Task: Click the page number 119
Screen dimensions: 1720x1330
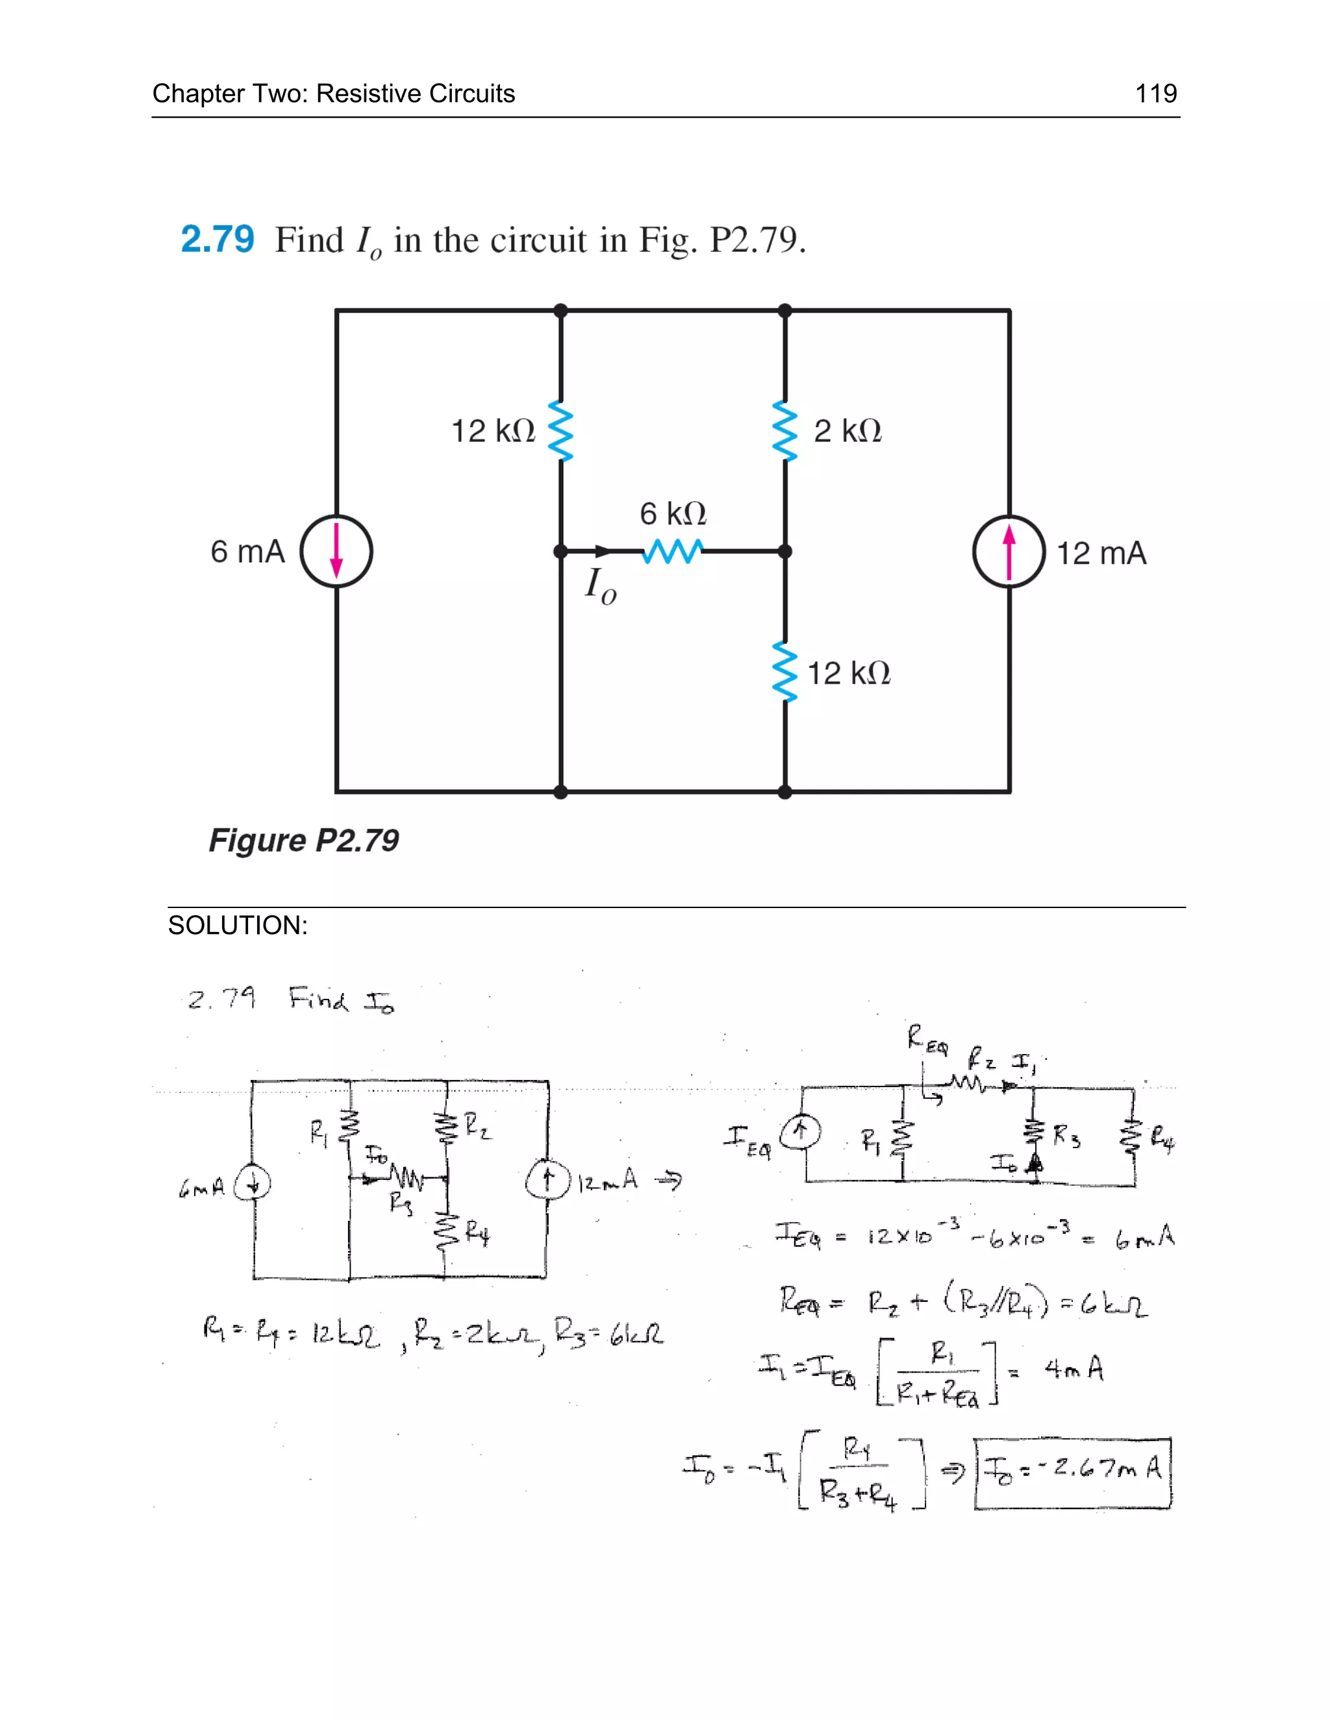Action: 1155,93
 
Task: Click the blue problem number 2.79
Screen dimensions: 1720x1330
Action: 218,240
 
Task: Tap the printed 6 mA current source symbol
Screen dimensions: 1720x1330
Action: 336,551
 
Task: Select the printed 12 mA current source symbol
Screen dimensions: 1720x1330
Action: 1009,551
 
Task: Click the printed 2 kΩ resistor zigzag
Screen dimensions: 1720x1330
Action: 784,431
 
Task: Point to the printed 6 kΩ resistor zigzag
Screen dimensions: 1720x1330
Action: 672,551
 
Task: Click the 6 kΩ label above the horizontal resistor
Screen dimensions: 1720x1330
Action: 673,513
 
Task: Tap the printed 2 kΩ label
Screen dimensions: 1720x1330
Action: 847,431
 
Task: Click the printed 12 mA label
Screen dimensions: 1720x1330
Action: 1101,554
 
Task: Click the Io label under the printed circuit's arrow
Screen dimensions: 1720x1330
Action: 601,587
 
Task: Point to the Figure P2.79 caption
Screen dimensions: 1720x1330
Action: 303,841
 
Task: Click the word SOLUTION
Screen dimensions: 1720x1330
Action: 237,926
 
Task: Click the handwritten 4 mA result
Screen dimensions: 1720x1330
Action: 1074,1369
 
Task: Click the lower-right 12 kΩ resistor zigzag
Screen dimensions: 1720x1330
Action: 784,672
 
